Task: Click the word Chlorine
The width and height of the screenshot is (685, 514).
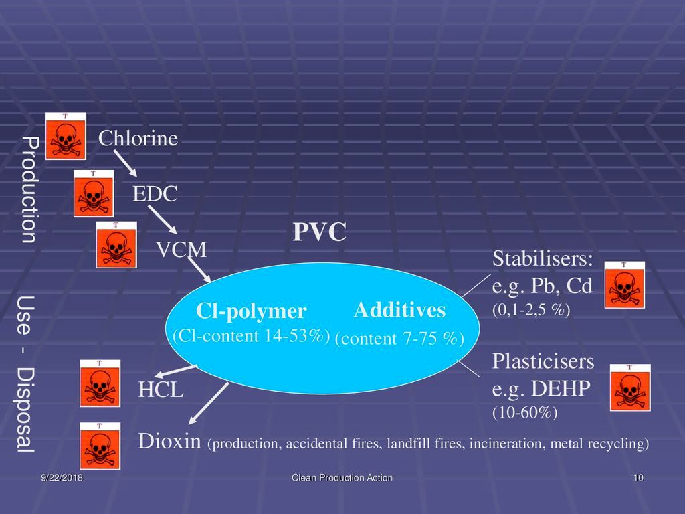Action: point(138,139)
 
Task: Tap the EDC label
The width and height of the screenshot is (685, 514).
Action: point(155,195)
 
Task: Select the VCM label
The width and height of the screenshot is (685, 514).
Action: point(181,250)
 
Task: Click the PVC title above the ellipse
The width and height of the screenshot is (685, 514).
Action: point(319,233)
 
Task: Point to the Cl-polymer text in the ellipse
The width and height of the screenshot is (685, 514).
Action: point(251,311)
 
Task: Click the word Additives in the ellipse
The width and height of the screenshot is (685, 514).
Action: point(399,310)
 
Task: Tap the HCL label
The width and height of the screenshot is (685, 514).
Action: point(161,390)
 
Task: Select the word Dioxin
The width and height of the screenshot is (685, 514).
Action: point(171,441)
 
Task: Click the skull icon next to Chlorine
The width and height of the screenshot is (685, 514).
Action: point(66,137)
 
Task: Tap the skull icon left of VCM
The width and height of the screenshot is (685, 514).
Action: point(116,244)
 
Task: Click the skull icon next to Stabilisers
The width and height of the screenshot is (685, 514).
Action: point(625,285)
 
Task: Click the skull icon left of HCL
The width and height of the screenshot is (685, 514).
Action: point(100,383)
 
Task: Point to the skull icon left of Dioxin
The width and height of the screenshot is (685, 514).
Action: point(100,445)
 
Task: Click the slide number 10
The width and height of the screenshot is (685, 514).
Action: point(638,478)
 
